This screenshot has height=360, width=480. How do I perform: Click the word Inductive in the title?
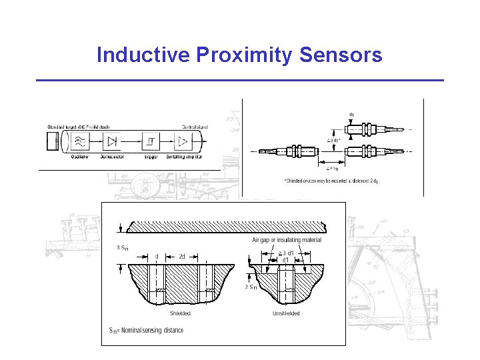click(x=143, y=55)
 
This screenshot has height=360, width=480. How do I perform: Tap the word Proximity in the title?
click(x=245, y=55)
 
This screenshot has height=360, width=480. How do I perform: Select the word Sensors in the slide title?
click(x=341, y=55)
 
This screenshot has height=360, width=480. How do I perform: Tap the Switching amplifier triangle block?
click(x=182, y=141)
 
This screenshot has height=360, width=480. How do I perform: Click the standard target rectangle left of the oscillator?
click(x=53, y=141)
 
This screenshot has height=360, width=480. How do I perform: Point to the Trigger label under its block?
click(x=151, y=157)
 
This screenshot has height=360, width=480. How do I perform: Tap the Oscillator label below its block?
click(x=81, y=157)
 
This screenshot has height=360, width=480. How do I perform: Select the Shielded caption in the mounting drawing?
click(x=180, y=313)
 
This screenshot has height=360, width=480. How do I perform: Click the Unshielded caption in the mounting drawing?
click(x=286, y=313)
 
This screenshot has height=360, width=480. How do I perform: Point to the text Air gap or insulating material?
click(x=287, y=240)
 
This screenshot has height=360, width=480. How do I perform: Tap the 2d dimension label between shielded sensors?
click(x=182, y=256)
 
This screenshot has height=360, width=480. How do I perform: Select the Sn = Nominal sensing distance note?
click(x=146, y=330)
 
